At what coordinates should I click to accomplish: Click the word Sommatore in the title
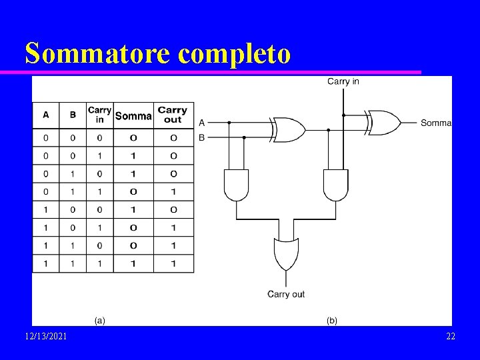pos(97,54)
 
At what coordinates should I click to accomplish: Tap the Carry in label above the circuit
pos(343,81)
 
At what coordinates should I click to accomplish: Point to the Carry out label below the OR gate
pos(286,294)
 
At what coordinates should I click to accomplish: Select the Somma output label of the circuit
pos(436,123)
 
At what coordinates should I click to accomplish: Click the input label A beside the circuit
pos(201,123)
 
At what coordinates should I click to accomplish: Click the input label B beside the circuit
pos(201,138)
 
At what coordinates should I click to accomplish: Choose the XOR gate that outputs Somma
pos(385,122)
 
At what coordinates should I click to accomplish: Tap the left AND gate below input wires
pos(236,185)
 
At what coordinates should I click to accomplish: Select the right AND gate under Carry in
pos(335,185)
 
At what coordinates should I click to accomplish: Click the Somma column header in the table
pos(133,116)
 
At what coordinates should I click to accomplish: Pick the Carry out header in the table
pos(173,115)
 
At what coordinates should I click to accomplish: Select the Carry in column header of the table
pos(99,115)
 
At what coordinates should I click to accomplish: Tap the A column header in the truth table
pos(45,115)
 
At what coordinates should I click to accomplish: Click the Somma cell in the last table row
pos(133,263)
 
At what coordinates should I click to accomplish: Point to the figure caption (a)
pos(98,321)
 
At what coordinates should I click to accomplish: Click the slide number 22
pos(451,337)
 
